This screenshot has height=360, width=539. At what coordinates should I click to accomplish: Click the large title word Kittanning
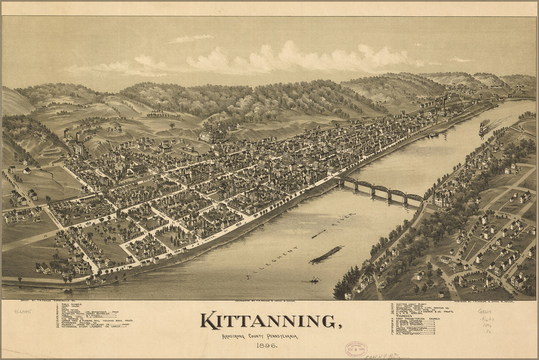click(270, 320)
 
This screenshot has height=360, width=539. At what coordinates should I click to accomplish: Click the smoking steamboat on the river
click(483, 129)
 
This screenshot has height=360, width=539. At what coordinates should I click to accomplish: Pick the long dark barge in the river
click(325, 255)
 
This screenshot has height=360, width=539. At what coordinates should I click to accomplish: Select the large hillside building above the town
click(212, 135)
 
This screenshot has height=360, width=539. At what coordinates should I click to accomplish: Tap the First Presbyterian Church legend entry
click(419, 319)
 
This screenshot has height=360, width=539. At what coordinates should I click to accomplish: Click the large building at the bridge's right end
click(442, 198)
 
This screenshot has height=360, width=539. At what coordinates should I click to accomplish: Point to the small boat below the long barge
click(314, 280)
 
